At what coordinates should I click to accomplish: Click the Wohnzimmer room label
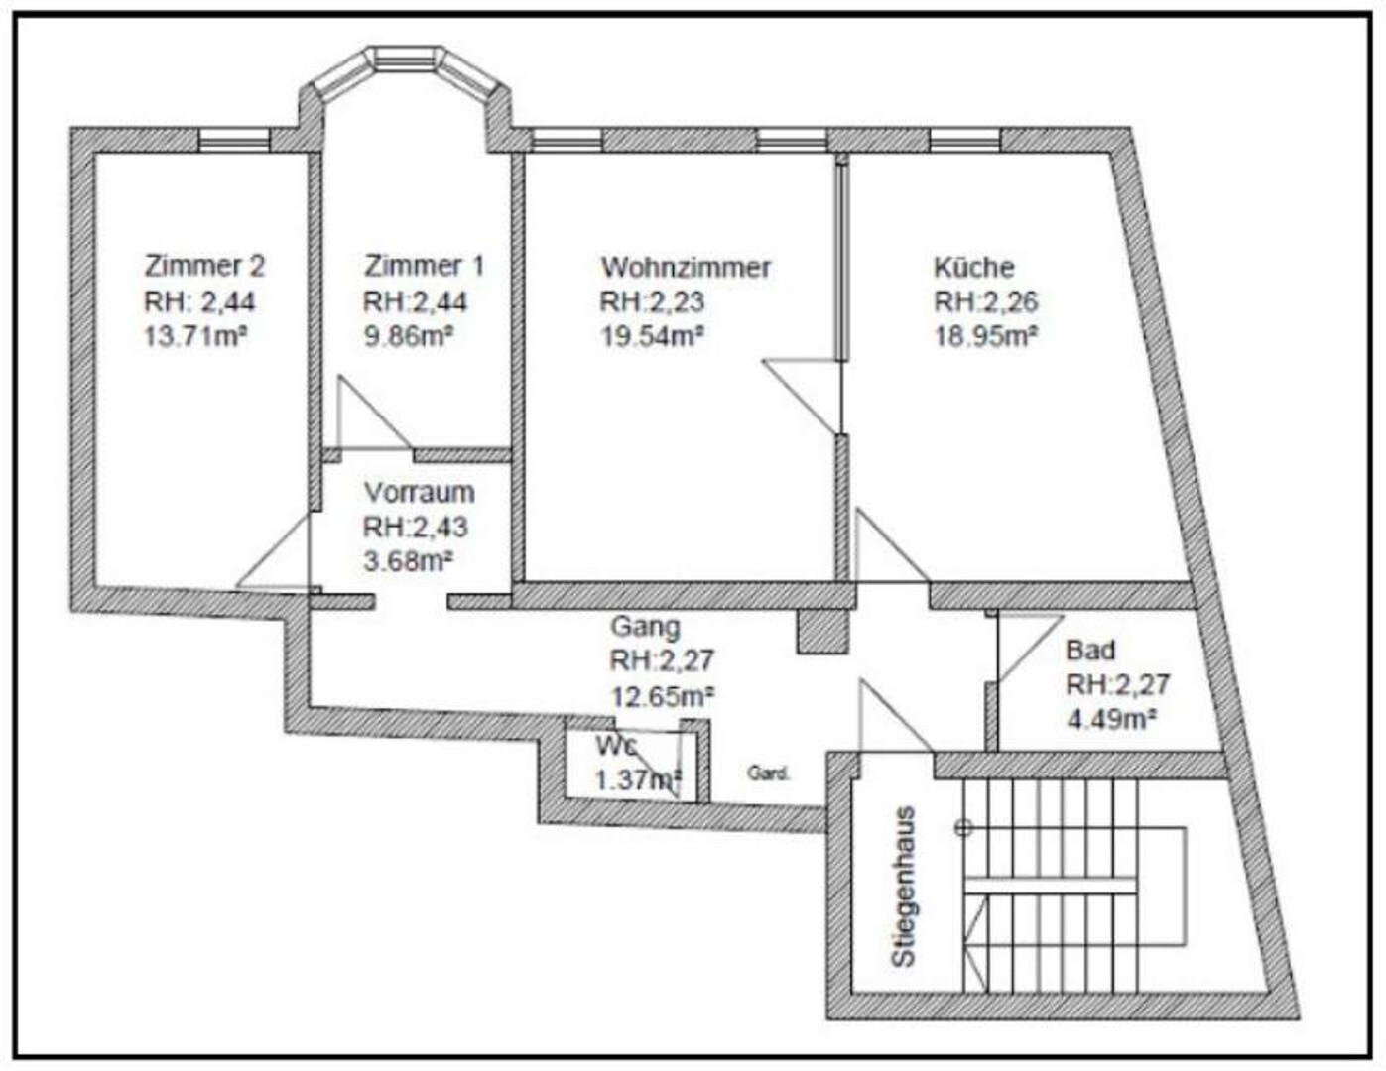pyautogui.click(x=686, y=268)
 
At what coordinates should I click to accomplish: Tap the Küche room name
pyautogui.click(x=974, y=267)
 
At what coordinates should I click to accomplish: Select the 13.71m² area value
pyautogui.click(x=195, y=336)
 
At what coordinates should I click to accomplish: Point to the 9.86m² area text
pyautogui.click(x=408, y=336)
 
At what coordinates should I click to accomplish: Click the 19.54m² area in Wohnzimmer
pyautogui.click(x=652, y=336)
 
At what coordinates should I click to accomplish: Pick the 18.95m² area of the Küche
pyautogui.click(x=985, y=336)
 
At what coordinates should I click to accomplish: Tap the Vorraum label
pyautogui.click(x=419, y=493)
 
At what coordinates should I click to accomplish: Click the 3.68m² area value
pyautogui.click(x=408, y=561)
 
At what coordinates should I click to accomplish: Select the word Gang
pyautogui.click(x=646, y=628)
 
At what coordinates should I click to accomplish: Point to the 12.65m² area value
pyautogui.click(x=662, y=695)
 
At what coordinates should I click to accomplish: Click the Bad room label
pyautogui.click(x=1090, y=651)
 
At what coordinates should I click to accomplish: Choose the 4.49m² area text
pyautogui.click(x=1112, y=720)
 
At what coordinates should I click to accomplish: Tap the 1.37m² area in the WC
pyautogui.click(x=639, y=779)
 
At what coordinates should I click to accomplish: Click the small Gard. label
pyautogui.click(x=769, y=773)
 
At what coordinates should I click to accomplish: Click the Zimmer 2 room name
pyautogui.click(x=204, y=266)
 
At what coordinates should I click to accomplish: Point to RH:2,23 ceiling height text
pyautogui.click(x=652, y=301)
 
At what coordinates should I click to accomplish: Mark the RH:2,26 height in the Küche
pyautogui.click(x=986, y=301)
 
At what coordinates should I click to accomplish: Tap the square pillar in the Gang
pyautogui.click(x=822, y=631)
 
